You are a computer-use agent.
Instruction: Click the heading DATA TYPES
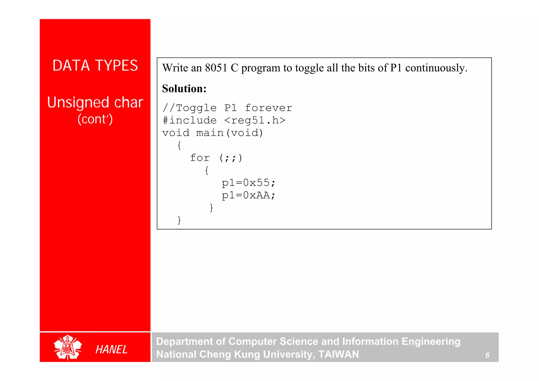point(95,66)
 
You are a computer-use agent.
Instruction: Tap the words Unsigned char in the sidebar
point(95,102)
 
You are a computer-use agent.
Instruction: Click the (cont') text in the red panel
point(95,119)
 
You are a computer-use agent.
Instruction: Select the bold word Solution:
point(184,89)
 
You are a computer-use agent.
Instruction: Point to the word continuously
point(436,68)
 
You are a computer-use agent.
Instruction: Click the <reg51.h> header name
point(255,120)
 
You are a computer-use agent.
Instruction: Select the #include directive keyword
point(189,120)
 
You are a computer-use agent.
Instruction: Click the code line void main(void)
point(213,133)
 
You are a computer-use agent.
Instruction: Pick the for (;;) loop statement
point(216,158)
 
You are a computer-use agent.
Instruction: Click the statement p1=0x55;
point(248,183)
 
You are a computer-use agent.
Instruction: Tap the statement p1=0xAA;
point(248,195)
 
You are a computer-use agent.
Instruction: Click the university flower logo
point(68,347)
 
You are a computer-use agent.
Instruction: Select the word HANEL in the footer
point(111,349)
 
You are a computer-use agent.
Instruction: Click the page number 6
point(487,355)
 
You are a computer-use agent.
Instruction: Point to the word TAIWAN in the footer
point(338,354)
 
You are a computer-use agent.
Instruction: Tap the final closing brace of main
point(179,220)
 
